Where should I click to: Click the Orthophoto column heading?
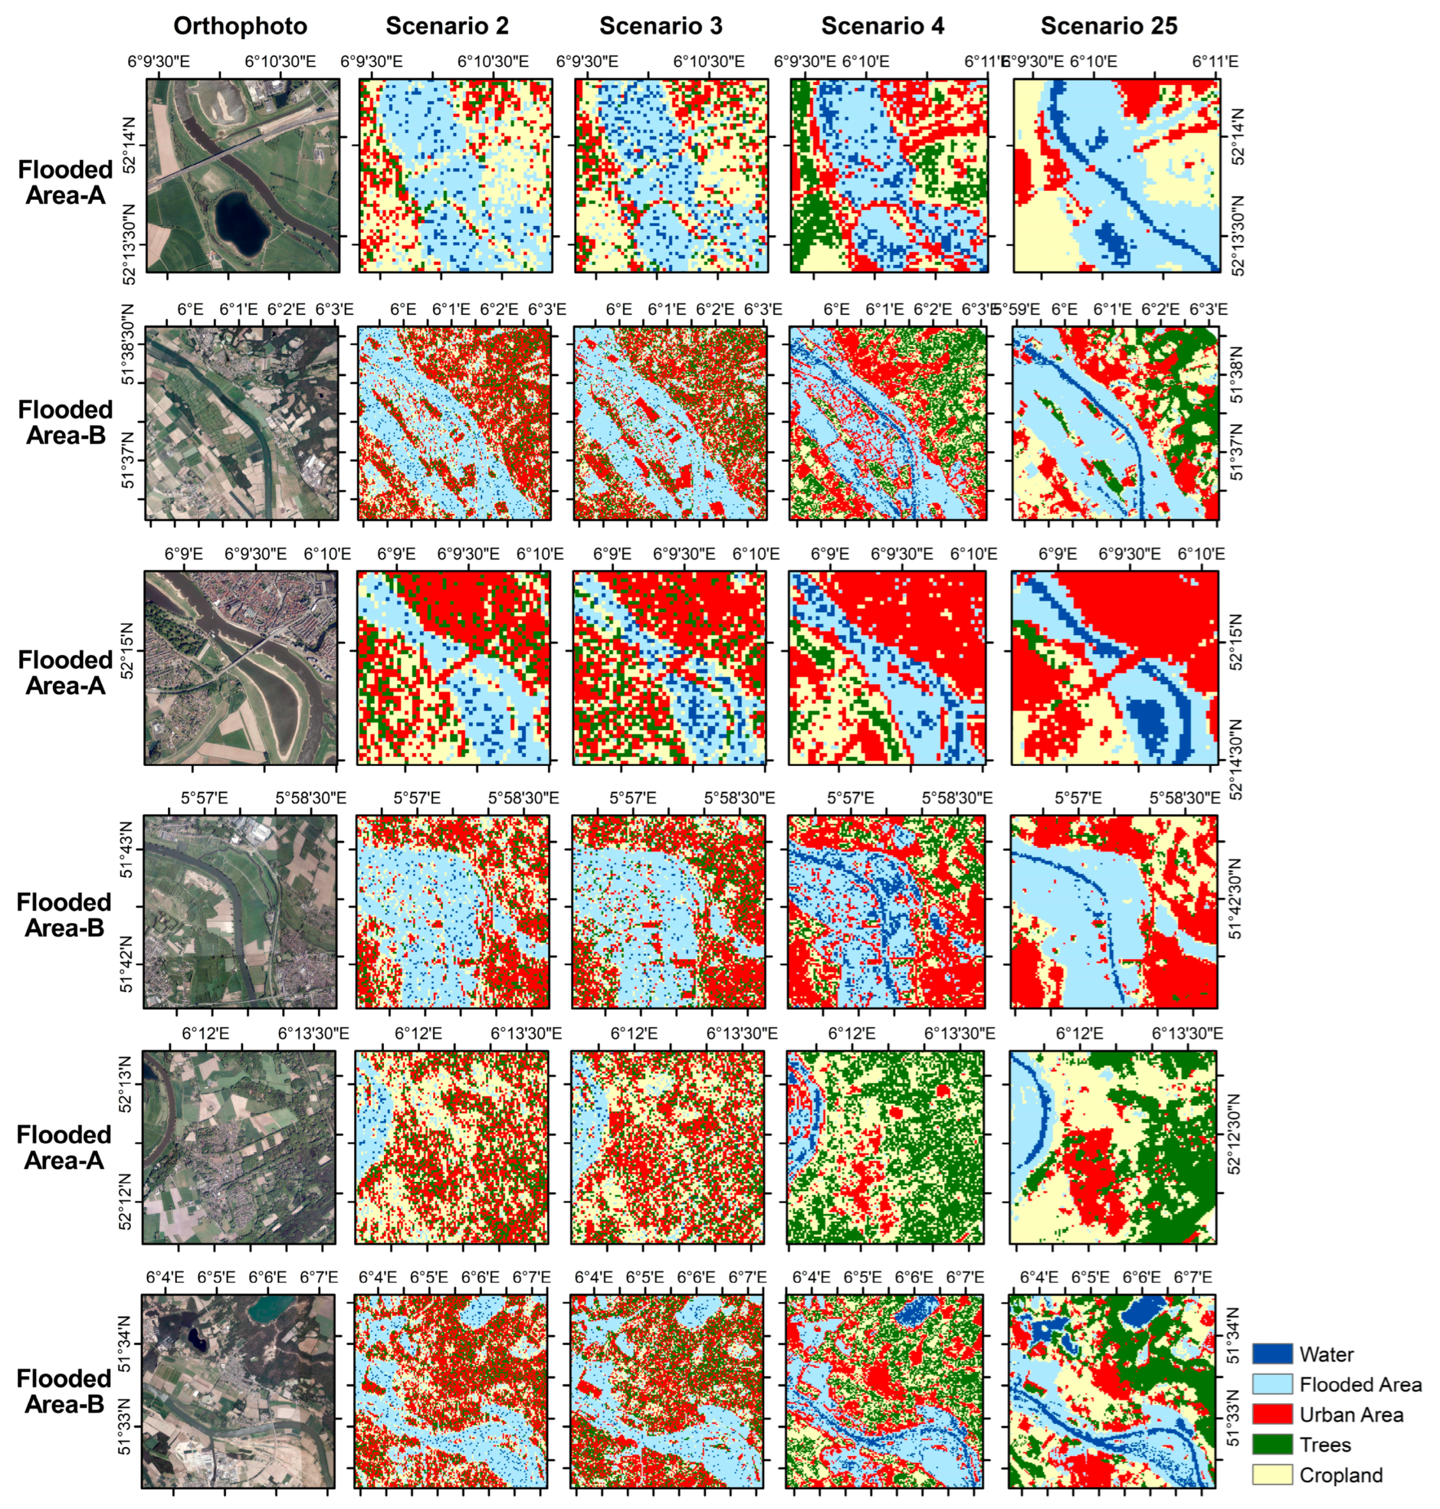coord(240,26)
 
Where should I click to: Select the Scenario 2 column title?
coord(447,26)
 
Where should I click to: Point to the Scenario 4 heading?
coord(883,26)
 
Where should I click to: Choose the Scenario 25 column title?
coord(1109,26)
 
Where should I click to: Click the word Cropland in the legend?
coord(1341,1475)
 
